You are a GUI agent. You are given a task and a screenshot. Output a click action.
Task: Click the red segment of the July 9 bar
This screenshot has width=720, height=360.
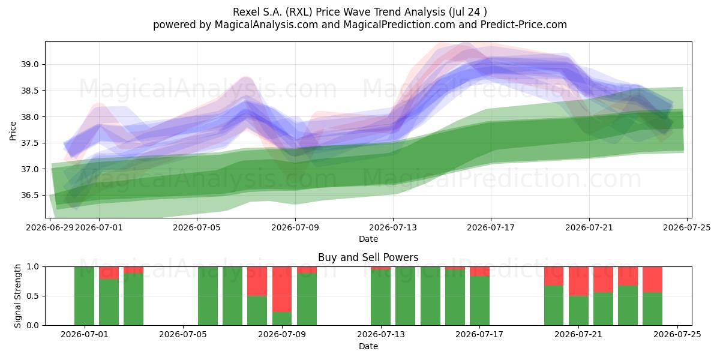[x=282, y=289]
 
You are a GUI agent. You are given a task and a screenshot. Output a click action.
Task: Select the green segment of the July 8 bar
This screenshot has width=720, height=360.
[x=257, y=311]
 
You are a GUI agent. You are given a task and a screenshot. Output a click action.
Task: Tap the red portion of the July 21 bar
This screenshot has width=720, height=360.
[x=578, y=281]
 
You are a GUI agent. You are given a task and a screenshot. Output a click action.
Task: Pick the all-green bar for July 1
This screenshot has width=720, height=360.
[x=84, y=296]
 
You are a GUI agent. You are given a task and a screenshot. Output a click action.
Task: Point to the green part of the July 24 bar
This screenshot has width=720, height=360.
[x=652, y=309]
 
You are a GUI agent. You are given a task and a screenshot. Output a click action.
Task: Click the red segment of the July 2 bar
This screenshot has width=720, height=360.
[x=109, y=273]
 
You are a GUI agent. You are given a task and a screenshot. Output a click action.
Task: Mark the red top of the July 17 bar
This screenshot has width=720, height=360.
[x=479, y=271]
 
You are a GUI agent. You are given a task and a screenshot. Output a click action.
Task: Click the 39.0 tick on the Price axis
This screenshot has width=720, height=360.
[x=29, y=64]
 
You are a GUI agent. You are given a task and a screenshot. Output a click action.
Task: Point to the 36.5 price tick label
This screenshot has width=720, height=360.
[x=29, y=196]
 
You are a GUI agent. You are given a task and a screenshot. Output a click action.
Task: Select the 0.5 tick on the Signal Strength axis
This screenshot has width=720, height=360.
[x=33, y=296]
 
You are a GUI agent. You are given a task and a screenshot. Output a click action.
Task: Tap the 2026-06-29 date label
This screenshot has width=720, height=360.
[x=50, y=227]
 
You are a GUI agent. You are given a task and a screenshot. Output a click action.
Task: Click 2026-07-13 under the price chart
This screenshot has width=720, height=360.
[x=393, y=227]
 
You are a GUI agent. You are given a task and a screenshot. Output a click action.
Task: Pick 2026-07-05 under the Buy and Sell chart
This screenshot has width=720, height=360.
[x=183, y=334]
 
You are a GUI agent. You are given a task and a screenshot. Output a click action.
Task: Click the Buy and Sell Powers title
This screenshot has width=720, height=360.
[x=368, y=257]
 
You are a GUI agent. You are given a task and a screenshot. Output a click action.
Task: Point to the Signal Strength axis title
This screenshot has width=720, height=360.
[x=17, y=296]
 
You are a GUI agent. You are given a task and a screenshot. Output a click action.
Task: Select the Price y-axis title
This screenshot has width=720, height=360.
[x=13, y=131]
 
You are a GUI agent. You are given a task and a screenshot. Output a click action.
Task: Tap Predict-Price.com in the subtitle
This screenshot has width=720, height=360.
[x=524, y=25]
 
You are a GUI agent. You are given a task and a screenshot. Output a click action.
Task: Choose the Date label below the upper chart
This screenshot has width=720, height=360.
[x=368, y=239]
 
